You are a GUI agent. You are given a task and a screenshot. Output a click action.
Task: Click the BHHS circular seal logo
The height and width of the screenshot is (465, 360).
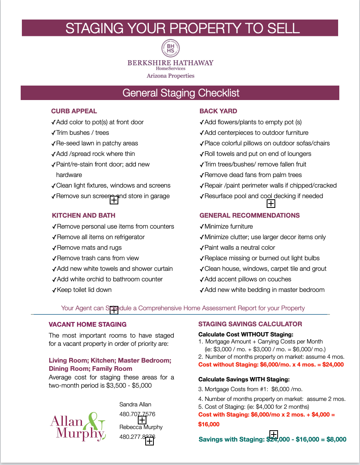(x=171, y=48)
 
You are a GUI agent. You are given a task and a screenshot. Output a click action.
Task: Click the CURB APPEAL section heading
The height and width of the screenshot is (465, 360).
(x=74, y=111)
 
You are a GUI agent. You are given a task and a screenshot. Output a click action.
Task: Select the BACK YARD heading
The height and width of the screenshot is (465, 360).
(x=218, y=111)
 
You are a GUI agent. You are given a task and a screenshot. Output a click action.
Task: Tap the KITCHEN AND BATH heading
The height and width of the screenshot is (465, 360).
(x=84, y=215)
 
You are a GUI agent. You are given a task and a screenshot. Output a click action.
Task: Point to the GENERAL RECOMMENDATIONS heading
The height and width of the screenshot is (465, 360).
(x=250, y=215)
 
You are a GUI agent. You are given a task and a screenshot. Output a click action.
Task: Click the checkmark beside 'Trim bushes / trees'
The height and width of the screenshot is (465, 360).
(x=53, y=133)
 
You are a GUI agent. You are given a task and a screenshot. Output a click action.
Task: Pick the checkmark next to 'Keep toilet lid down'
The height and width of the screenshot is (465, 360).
(x=54, y=290)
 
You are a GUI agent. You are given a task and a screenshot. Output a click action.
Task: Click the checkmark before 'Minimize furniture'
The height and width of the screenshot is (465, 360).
(x=201, y=227)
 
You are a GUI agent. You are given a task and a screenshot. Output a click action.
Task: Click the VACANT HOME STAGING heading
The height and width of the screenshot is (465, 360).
(x=87, y=324)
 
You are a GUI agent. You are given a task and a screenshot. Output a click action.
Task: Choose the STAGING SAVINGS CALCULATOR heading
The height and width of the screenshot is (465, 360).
(x=250, y=324)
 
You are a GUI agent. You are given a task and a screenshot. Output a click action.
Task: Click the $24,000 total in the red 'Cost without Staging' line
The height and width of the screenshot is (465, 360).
(x=333, y=365)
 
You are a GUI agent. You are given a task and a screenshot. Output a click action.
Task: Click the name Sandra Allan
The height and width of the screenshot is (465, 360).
(x=135, y=404)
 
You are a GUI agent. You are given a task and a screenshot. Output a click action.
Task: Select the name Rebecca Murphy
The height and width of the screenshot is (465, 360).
(x=141, y=427)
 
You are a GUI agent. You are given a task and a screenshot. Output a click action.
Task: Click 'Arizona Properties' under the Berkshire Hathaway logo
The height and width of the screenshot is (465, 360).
(x=170, y=76)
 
